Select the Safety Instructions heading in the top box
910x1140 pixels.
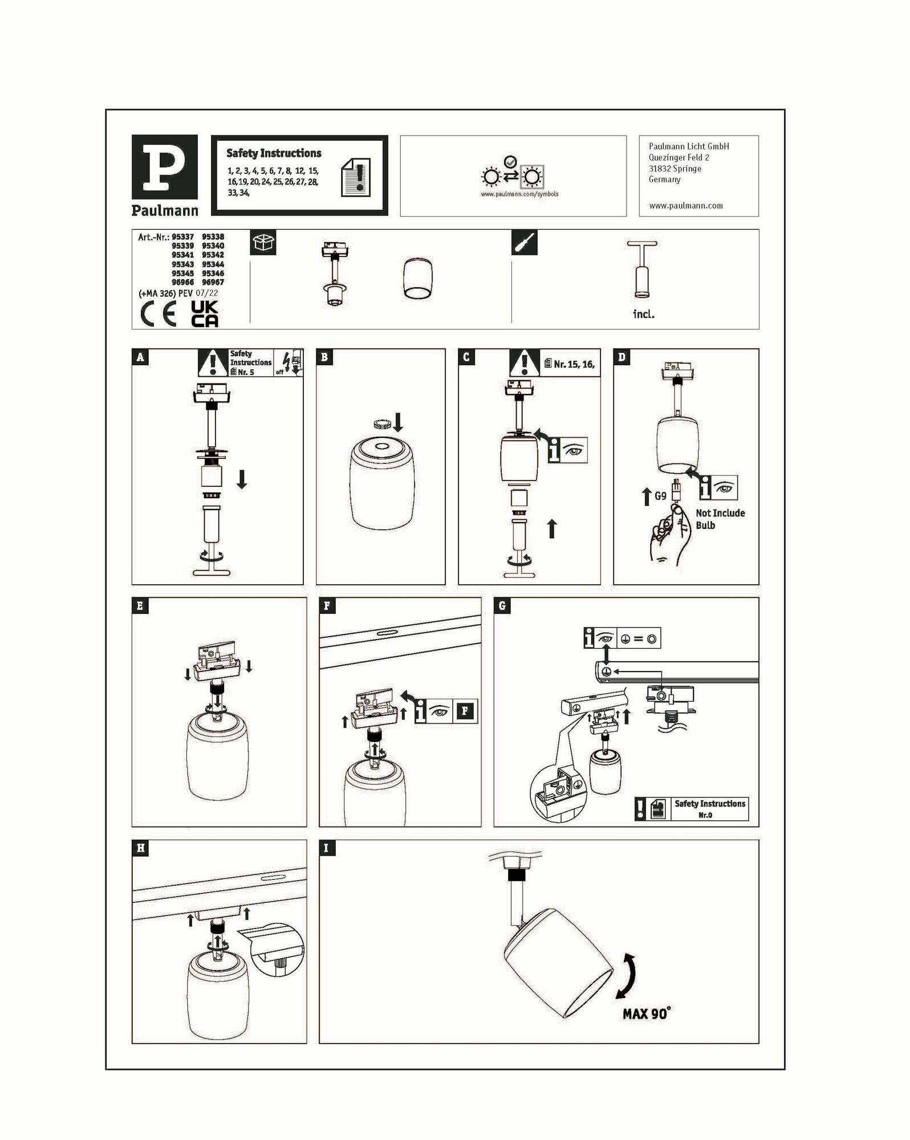[x=274, y=153]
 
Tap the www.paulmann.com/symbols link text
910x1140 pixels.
[x=519, y=194]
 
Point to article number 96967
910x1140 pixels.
[x=213, y=282]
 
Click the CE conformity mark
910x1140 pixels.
[x=159, y=315]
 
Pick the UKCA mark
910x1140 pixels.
[x=204, y=313]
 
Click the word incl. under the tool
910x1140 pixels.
[x=644, y=314]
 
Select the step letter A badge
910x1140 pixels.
[x=140, y=357]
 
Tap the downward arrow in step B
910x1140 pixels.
[x=398, y=422]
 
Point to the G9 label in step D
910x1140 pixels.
[x=660, y=496]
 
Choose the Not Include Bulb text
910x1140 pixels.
[x=720, y=519]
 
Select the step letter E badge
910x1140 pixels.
[x=140, y=606]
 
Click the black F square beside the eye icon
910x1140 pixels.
[x=465, y=711]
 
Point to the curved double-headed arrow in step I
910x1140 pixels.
[x=631, y=976]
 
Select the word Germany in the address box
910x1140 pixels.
[x=664, y=180]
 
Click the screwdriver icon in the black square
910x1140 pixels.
[x=524, y=243]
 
